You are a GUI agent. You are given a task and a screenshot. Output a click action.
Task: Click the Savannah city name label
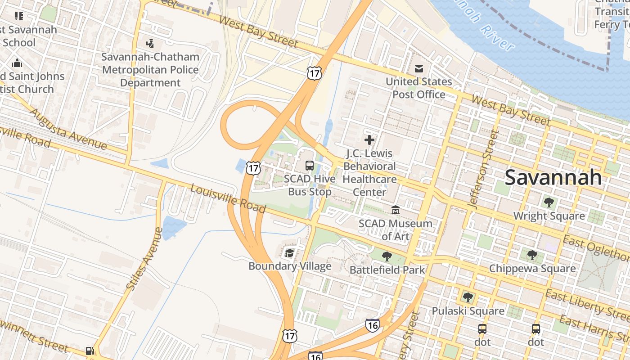tap(553, 177)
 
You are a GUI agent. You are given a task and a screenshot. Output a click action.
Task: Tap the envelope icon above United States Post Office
tap(419, 69)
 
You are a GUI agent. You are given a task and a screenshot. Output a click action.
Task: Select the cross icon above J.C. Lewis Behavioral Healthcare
tap(369, 140)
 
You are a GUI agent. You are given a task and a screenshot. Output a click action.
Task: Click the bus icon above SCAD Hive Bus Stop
tap(310, 165)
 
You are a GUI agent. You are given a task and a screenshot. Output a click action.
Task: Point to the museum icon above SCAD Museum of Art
tap(396, 210)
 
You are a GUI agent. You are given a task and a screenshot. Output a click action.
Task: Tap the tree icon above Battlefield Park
tap(387, 256)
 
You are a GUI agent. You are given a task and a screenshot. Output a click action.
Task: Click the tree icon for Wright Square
tap(549, 202)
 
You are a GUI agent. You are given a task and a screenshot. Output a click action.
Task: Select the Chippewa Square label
tap(532, 269)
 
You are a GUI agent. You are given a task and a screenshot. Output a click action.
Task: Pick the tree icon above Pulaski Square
tap(468, 297)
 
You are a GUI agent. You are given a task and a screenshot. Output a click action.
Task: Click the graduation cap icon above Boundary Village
tap(289, 253)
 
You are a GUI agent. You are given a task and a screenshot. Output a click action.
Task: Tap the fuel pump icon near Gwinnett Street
tap(90, 351)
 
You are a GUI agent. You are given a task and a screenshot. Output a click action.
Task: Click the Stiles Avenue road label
tap(144, 259)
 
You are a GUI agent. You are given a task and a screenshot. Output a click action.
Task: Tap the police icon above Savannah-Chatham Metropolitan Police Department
tap(150, 44)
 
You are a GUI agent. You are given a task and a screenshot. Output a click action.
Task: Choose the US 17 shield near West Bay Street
tap(315, 73)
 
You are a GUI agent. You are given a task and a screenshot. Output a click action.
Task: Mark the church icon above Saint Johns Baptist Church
tap(17, 63)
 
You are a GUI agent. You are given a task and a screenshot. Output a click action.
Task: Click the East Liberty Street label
tap(585, 303)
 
